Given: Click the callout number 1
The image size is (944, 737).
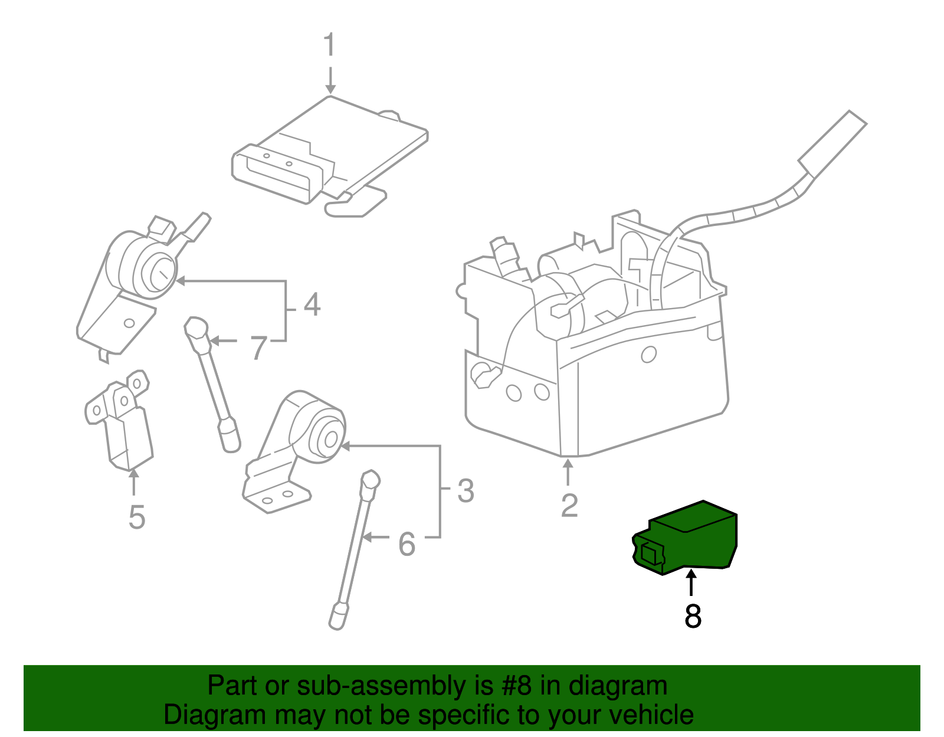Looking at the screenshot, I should tap(329, 45).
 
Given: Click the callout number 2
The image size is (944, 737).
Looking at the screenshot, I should tap(569, 505).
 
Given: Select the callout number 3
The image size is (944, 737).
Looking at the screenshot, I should tap(466, 491).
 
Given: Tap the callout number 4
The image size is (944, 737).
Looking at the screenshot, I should tap(312, 304).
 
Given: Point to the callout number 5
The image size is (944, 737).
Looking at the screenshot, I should tap(136, 517).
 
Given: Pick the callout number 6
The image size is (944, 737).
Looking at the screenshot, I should tap(407, 544).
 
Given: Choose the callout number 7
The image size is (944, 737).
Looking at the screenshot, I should tap(258, 348).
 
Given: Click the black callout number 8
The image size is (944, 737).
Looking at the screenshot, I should tap(693, 616).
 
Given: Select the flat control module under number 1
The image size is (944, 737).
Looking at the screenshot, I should tap(330, 156).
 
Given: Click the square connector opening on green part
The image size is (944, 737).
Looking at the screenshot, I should tap(650, 553).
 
